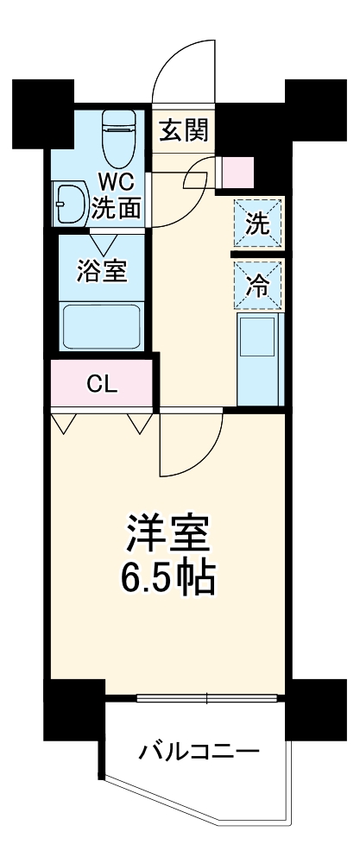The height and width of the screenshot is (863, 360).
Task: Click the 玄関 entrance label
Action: [183, 132]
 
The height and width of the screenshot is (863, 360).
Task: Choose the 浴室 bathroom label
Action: [103, 270]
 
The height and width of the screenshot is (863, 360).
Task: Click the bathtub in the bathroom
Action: [103, 325]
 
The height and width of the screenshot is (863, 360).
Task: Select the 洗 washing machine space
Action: [258, 224]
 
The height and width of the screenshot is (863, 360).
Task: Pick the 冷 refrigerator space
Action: [258, 285]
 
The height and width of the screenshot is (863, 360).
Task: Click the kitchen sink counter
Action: [259, 358]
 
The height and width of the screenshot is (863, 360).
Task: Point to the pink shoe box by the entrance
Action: [237, 173]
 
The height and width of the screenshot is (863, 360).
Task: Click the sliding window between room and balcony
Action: [208, 697]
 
